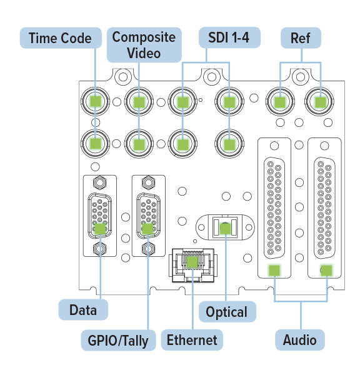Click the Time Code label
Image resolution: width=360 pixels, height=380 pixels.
click(61, 37)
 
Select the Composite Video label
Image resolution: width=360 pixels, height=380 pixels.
click(144, 45)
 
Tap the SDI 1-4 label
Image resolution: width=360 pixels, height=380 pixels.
click(229, 37)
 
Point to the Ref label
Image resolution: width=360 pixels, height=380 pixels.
click(301, 37)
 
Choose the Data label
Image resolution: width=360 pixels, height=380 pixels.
click(83, 310)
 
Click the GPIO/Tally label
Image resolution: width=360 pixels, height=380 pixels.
click(118, 340)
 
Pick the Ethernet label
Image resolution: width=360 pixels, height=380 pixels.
click(192, 340)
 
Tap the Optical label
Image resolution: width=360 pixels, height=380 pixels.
click(227, 312)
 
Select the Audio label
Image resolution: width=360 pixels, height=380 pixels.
click(299, 340)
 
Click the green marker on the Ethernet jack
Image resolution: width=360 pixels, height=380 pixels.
click(192, 261)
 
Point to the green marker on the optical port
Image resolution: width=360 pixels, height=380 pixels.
click(226, 228)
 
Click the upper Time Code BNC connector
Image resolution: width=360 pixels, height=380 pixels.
click(95, 101)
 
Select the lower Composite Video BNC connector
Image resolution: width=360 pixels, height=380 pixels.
click(139, 144)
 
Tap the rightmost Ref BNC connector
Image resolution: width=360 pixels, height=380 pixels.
click(320, 101)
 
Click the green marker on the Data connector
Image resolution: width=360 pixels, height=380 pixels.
click(100, 229)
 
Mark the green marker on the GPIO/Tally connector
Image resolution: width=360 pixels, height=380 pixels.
click(148, 229)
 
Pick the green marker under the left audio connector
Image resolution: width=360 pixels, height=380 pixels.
click(274, 270)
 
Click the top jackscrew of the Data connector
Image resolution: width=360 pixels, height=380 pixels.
click(99, 182)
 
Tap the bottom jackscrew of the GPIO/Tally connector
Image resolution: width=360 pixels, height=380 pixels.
click(148, 248)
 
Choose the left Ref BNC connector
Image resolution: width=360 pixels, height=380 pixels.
click(280, 101)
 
